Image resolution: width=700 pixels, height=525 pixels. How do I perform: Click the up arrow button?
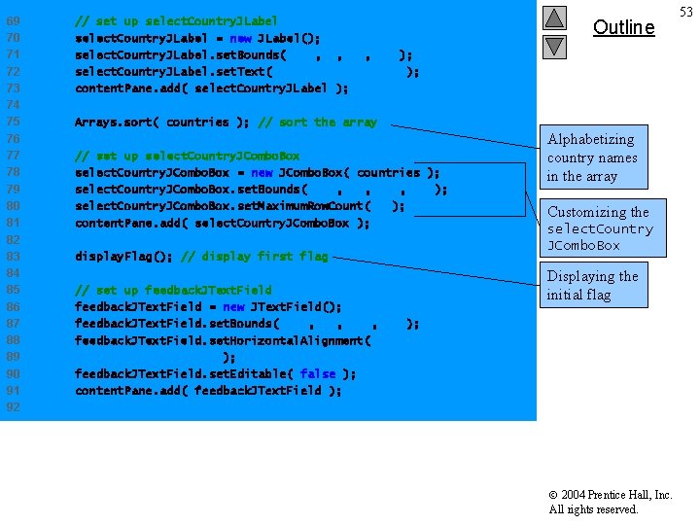554,17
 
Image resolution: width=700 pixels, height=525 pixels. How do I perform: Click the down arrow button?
554,45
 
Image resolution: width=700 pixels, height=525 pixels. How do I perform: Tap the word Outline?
623,27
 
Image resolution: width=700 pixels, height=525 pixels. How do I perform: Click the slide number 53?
686,11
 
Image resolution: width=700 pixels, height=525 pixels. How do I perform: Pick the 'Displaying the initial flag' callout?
592,285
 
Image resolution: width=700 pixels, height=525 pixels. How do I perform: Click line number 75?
13,122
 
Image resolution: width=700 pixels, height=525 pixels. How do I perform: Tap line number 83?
13,257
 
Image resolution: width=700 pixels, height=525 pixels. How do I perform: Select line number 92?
13,407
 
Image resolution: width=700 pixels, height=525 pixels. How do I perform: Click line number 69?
13,20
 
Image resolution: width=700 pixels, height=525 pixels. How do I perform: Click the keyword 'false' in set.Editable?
317,373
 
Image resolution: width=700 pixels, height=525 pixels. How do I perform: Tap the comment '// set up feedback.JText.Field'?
173,290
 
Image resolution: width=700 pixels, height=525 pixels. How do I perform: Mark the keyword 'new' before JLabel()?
240,38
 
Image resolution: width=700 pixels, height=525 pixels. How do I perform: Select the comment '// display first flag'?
255,257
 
